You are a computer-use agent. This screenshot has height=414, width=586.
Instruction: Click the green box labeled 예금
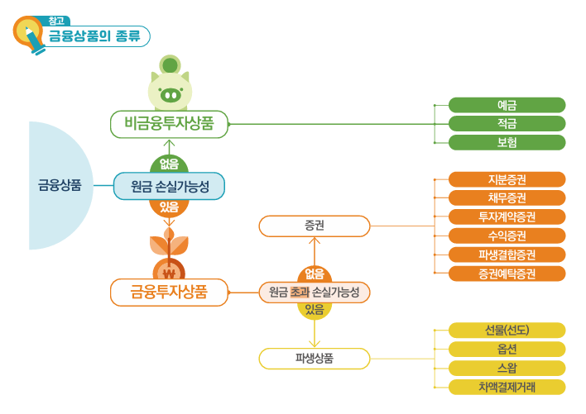[507, 105]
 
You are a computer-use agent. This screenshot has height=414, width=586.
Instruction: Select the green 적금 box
[507, 124]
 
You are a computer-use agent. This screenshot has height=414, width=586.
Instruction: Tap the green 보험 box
[507, 142]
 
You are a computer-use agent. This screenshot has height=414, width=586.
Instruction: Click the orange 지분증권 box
[507, 179]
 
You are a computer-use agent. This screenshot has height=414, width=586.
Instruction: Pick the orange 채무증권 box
[507, 198]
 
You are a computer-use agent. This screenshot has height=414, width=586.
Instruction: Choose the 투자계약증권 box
[507, 217]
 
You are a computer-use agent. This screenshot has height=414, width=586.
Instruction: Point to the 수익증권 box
[507, 236]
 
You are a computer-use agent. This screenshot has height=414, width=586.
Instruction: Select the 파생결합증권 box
[507, 255]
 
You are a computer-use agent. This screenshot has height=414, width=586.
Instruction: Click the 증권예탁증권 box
[507, 274]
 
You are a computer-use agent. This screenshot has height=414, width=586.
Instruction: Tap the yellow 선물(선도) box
[507, 331]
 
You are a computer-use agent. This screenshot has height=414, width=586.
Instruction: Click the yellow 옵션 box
[507, 349]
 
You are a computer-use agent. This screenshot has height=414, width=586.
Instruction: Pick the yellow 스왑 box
[507, 368]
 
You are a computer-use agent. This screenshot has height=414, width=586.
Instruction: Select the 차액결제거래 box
[507, 387]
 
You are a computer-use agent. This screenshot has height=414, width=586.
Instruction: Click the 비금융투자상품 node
[170, 124]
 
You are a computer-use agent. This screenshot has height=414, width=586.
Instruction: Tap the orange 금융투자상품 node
[169, 292]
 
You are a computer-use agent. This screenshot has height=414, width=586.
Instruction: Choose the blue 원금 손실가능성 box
[169, 186]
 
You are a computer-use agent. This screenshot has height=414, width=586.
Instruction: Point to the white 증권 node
[314, 226]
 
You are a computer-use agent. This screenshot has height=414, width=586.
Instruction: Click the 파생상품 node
[314, 359]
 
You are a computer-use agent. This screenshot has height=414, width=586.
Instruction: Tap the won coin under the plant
[169, 272]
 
